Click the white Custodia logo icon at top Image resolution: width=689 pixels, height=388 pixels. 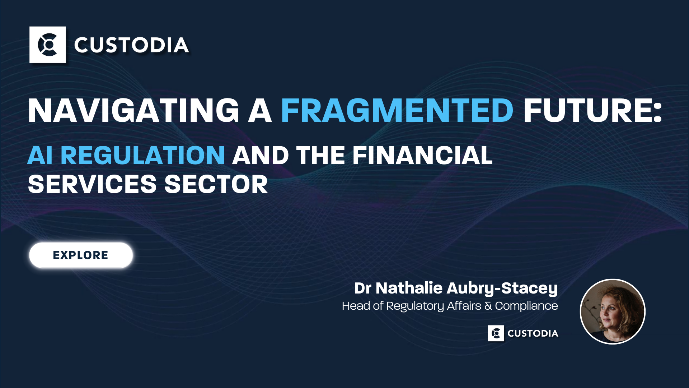(48, 45)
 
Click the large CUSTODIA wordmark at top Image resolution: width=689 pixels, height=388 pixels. (131, 45)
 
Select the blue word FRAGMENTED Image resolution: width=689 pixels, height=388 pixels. (397, 110)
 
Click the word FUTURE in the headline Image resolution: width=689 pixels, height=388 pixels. (587, 110)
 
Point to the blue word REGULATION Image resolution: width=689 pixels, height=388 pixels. (142, 156)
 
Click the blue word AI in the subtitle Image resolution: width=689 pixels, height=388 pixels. (40, 156)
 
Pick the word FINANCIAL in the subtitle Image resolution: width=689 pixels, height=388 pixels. (422, 156)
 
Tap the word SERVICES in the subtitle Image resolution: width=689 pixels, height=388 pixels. (92, 184)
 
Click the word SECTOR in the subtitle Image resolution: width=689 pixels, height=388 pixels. (216, 184)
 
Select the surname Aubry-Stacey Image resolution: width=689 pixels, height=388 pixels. (502, 288)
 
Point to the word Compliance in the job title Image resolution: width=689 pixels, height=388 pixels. (526, 306)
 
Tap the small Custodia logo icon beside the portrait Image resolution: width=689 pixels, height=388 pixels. (496, 333)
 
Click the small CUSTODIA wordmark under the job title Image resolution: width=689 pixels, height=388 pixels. (533, 333)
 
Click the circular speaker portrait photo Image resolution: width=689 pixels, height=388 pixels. (613, 311)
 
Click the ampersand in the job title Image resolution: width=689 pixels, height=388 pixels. (488, 306)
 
